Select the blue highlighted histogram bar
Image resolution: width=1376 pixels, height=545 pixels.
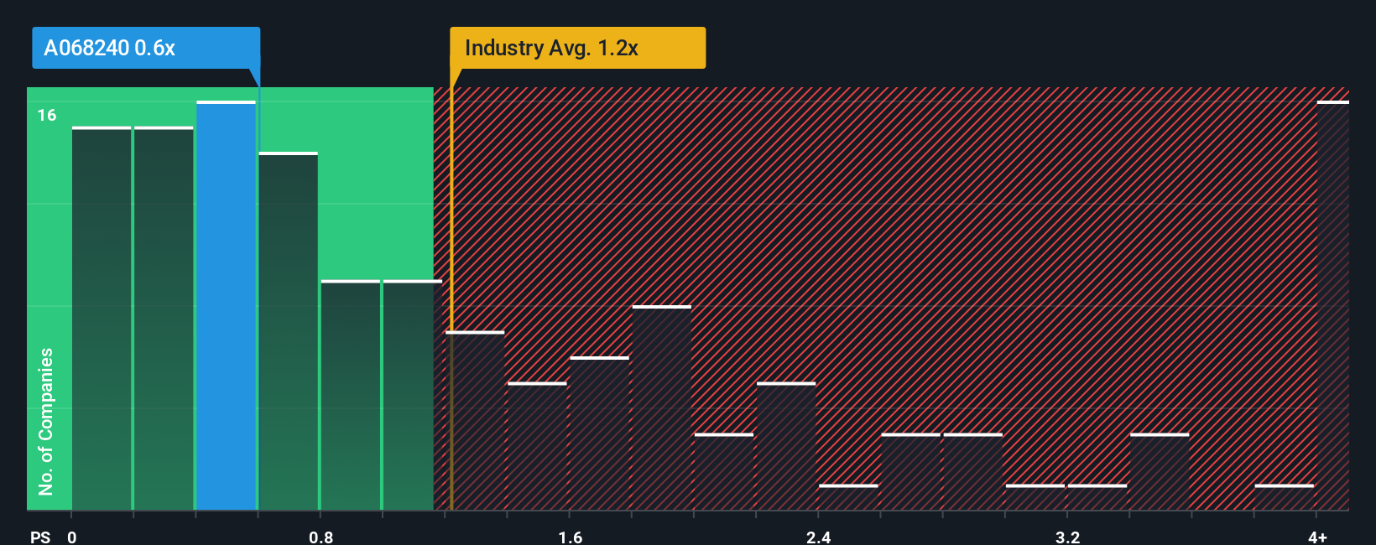pyautogui.click(x=226, y=306)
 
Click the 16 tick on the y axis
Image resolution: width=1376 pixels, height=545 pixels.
pyautogui.click(x=47, y=116)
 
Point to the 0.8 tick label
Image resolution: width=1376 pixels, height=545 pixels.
pyautogui.click(x=321, y=537)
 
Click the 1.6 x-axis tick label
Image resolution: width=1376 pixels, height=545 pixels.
pyautogui.click(x=570, y=537)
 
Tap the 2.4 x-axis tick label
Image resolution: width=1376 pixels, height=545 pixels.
pyautogui.click(x=818, y=537)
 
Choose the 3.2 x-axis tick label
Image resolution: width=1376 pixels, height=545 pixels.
pyautogui.click(x=1067, y=537)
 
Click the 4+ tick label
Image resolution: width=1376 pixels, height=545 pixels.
pyautogui.click(x=1317, y=537)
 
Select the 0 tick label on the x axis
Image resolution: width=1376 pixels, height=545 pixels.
pyautogui.click(x=72, y=537)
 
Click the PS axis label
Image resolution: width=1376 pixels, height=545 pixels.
pyautogui.click(x=40, y=537)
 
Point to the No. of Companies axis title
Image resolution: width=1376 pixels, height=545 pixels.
pyautogui.click(x=46, y=421)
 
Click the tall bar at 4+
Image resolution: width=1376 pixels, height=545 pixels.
pyautogui.click(x=1332, y=306)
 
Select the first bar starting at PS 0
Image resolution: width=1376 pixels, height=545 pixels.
pyautogui.click(x=102, y=319)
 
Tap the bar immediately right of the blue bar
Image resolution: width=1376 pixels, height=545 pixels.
pyautogui.click(x=288, y=331)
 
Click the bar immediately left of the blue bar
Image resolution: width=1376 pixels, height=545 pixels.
pyautogui.click(x=164, y=319)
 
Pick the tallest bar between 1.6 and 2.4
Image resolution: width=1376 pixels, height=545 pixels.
pyautogui.click(x=661, y=408)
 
